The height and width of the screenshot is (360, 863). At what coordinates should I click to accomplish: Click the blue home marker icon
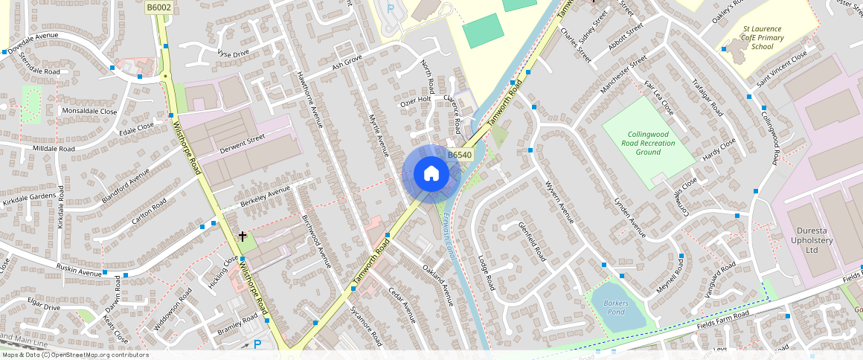tap(431, 173)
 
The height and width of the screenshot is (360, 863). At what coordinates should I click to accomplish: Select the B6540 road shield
tap(460, 155)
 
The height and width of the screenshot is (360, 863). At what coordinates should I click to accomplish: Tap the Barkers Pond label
tap(616, 308)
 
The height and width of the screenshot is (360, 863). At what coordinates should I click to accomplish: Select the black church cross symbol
tap(242, 237)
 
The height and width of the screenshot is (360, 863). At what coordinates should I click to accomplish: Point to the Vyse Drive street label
tap(233, 54)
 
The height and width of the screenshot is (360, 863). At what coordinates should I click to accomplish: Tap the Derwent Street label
tap(242, 144)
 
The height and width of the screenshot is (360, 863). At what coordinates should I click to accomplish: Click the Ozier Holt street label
tap(416, 99)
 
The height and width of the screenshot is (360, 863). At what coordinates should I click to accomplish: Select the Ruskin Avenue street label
tap(79, 269)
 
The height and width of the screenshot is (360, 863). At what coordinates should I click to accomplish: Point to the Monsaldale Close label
tap(89, 111)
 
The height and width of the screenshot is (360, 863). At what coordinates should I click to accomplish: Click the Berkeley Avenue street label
tap(266, 197)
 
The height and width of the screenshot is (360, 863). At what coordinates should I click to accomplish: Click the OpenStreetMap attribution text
tap(74, 355)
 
